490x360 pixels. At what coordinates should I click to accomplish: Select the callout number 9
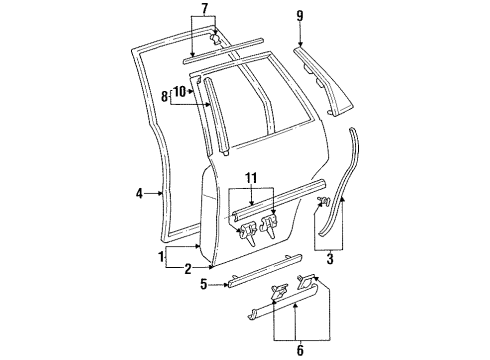(299, 16)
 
